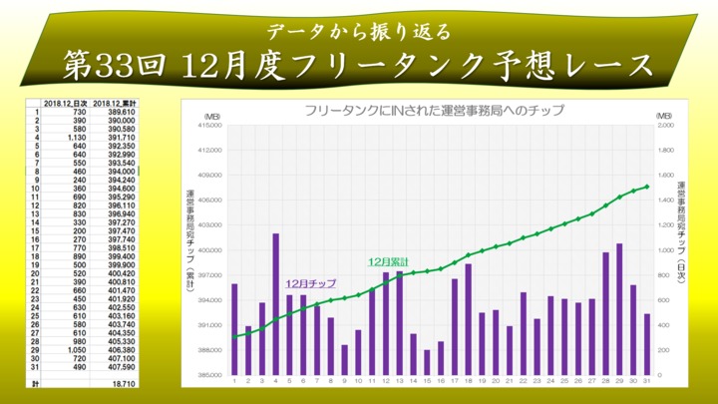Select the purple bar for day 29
click(x=619, y=309)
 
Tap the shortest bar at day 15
click(x=427, y=362)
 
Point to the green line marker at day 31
click(x=647, y=187)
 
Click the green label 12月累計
click(x=388, y=261)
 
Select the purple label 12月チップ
click(x=310, y=284)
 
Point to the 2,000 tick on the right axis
click(x=667, y=126)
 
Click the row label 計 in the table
click(x=36, y=383)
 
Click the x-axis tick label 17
click(x=455, y=381)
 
